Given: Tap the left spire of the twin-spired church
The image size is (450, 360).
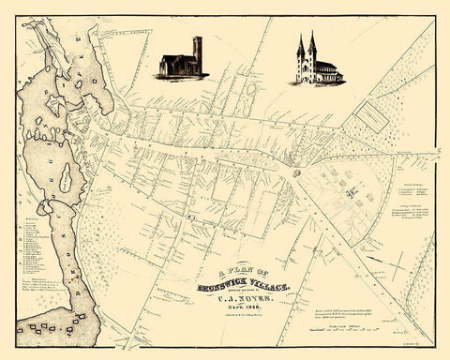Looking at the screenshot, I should (x=300, y=50).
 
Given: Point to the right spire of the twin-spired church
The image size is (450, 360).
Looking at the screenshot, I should (x=311, y=48).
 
